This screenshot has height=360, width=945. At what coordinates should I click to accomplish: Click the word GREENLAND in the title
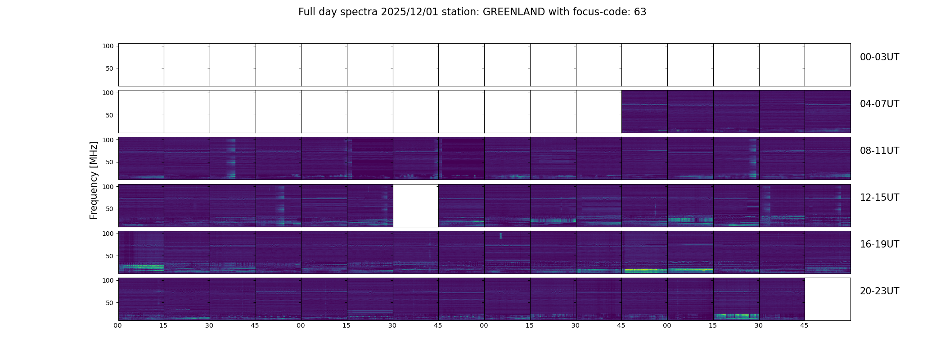click(x=514, y=12)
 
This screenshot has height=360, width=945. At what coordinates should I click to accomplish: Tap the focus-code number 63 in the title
click(x=640, y=12)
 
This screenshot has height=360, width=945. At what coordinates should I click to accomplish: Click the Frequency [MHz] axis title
click(x=94, y=180)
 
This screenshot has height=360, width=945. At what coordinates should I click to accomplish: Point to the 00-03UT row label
click(x=879, y=57)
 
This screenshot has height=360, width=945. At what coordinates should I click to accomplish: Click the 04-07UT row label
click(x=879, y=104)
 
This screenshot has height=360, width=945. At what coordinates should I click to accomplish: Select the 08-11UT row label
click(x=879, y=151)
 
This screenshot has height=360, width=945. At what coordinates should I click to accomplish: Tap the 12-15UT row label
click(x=879, y=198)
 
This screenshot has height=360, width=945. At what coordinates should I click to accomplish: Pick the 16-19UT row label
click(x=879, y=244)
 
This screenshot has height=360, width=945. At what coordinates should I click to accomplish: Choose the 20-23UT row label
click(x=879, y=291)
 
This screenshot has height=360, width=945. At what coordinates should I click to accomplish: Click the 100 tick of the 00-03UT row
click(x=108, y=46)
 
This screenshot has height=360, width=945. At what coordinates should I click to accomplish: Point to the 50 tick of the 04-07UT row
click(x=109, y=115)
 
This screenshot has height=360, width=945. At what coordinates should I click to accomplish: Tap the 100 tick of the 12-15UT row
click(x=108, y=186)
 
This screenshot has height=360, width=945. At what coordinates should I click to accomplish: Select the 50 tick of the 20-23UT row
click(x=109, y=303)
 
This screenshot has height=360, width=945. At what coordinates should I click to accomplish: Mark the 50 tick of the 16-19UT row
click(x=109, y=256)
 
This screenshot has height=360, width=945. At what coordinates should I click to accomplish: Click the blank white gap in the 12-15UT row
click(x=416, y=206)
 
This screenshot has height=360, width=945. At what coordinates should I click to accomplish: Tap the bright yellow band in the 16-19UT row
click(x=644, y=270)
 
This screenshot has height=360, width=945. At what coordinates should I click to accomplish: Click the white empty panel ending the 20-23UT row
click(x=827, y=299)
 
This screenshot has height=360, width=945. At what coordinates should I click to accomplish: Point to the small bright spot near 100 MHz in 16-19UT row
click(x=500, y=235)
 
